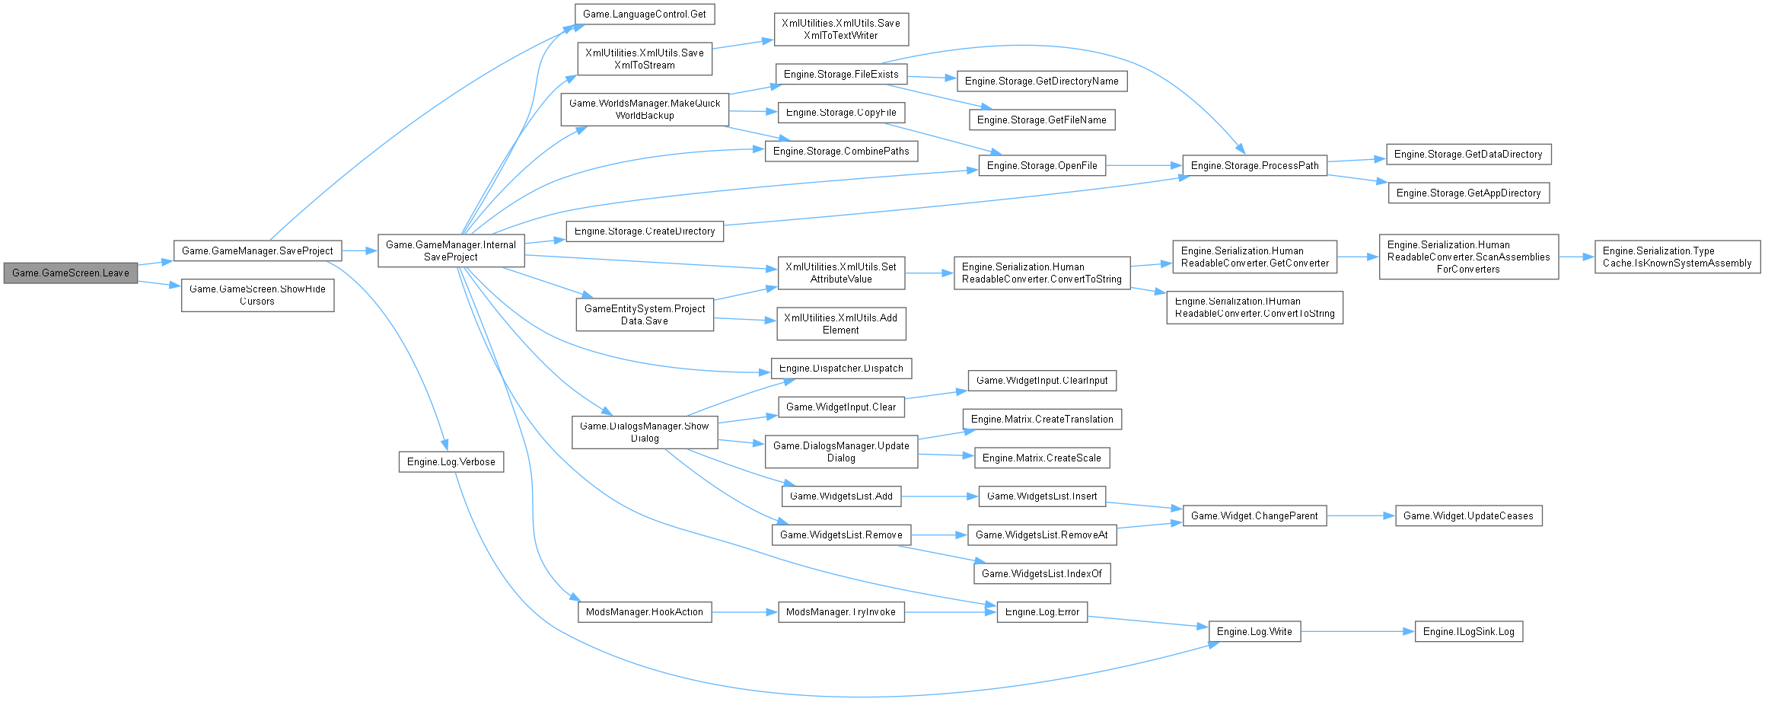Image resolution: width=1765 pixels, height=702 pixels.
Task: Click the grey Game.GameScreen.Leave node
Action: pyautogui.click(x=70, y=273)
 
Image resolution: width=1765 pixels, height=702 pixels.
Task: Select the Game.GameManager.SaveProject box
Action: pyautogui.click(x=257, y=250)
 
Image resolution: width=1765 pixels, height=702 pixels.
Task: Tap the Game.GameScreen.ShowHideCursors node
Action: pyautogui.click(x=257, y=295)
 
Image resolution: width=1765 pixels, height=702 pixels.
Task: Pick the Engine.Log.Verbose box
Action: pyautogui.click(x=451, y=461)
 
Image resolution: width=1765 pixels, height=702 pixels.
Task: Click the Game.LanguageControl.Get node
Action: pyautogui.click(x=645, y=14)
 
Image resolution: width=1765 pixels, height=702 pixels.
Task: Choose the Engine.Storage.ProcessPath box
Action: pyautogui.click(x=1254, y=165)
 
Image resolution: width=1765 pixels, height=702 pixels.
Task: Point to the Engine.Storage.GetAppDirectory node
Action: pyautogui.click(x=1468, y=193)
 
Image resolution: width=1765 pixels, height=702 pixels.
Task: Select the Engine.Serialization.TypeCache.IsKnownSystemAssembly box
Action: pyautogui.click(x=1677, y=257)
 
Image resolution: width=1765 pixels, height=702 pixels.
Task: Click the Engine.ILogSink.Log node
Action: pyautogui.click(x=1468, y=631)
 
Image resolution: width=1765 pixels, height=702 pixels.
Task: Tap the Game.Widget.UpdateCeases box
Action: pyautogui.click(x=1468, y=515)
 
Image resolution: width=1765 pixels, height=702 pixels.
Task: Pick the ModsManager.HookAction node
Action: pyautogui.click(x=645, y=611)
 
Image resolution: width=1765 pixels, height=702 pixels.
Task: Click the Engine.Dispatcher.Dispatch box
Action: pyautogui.click(x=841, y=368)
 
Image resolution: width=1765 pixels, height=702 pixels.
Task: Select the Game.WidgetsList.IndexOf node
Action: pyautogui.click(x=1041, y=573)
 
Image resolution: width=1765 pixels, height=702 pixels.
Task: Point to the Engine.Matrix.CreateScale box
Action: pyautogui.click(x=1041, y=458)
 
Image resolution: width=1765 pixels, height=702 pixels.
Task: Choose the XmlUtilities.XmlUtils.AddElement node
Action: pyautogui.click(x=841, y=324)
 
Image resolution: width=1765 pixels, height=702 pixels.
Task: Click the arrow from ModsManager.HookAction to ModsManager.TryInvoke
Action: pyautogui.click(x=744, y=611)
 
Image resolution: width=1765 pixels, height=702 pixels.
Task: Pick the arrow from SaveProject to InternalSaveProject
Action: pyautogui.click(x=359, y=250)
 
